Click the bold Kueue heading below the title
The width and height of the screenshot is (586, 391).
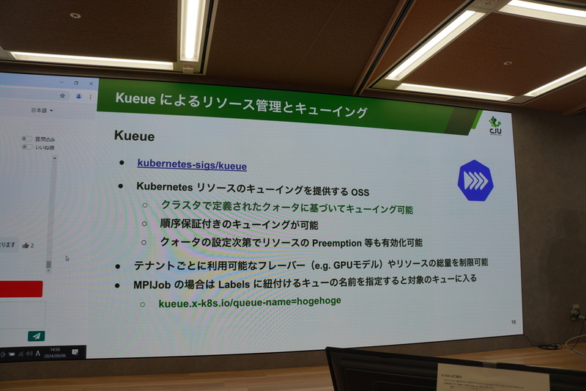(134, 137)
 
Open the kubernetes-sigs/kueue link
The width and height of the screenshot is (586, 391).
(192, 165)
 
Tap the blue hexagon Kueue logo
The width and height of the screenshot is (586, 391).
(475, 180)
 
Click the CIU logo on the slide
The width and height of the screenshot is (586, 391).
(494, 123)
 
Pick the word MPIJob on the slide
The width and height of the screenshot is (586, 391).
(153, 283)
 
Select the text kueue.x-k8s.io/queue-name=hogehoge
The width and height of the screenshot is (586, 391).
(249, 302)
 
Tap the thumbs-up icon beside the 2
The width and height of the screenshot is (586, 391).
(26, 246)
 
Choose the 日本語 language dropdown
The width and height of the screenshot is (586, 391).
(41, 111)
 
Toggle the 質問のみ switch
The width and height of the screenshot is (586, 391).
(26, 139)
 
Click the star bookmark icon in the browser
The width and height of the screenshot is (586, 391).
(62, 96)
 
